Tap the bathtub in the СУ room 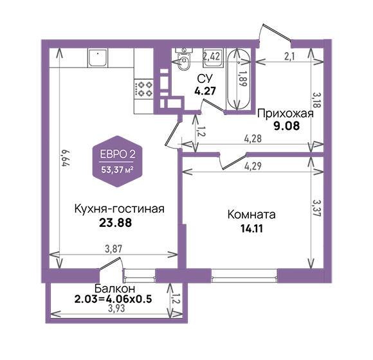click(239, 79)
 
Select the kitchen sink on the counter click(98, 57)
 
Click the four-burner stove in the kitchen click(143, 89)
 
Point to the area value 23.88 click(115, 223)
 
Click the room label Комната click(251, 215)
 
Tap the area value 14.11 click(251, 229)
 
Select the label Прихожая click(286, 113)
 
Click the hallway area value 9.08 click(287, 126)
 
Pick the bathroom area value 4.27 click(205, 91)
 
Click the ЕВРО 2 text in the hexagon click(118, 154)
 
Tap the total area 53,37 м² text click(117, 170)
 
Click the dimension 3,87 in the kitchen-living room click(113, 249)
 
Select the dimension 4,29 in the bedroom click(253, 166)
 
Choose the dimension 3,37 click(317, 208)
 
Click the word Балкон click(114, 289)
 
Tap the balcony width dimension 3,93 click(116, 309)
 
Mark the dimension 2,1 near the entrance click(289, 56)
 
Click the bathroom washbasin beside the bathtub click(213, 57)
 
